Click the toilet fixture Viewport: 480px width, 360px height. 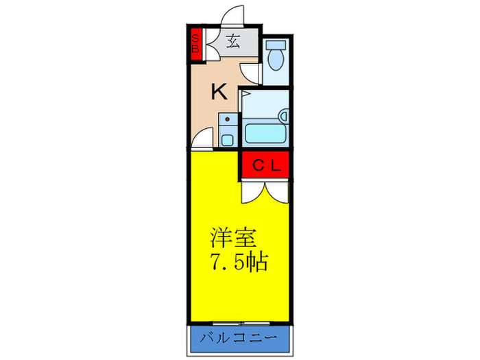(276, 58)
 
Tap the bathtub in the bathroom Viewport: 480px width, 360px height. (265, 132)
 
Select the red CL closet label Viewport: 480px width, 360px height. (265, 165)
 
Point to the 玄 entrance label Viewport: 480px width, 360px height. (233, 41)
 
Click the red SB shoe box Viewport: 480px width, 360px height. (195, 43)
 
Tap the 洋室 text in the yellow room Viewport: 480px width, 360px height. (233, 239)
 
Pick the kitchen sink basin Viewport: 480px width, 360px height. (228, 140)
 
